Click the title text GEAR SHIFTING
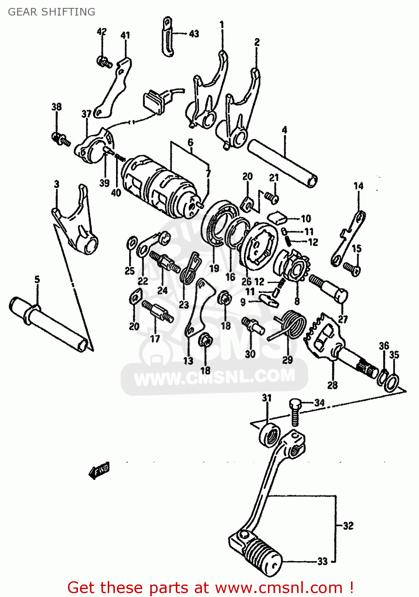click(52, 12)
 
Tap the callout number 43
click(194, 34)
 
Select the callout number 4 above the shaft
click(284, 130)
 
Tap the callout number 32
click(348, 526)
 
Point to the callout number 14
click(358, 186)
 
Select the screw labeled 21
click(272, 197)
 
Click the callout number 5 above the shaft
click(37, 279)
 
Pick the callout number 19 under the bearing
click(214, 268)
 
